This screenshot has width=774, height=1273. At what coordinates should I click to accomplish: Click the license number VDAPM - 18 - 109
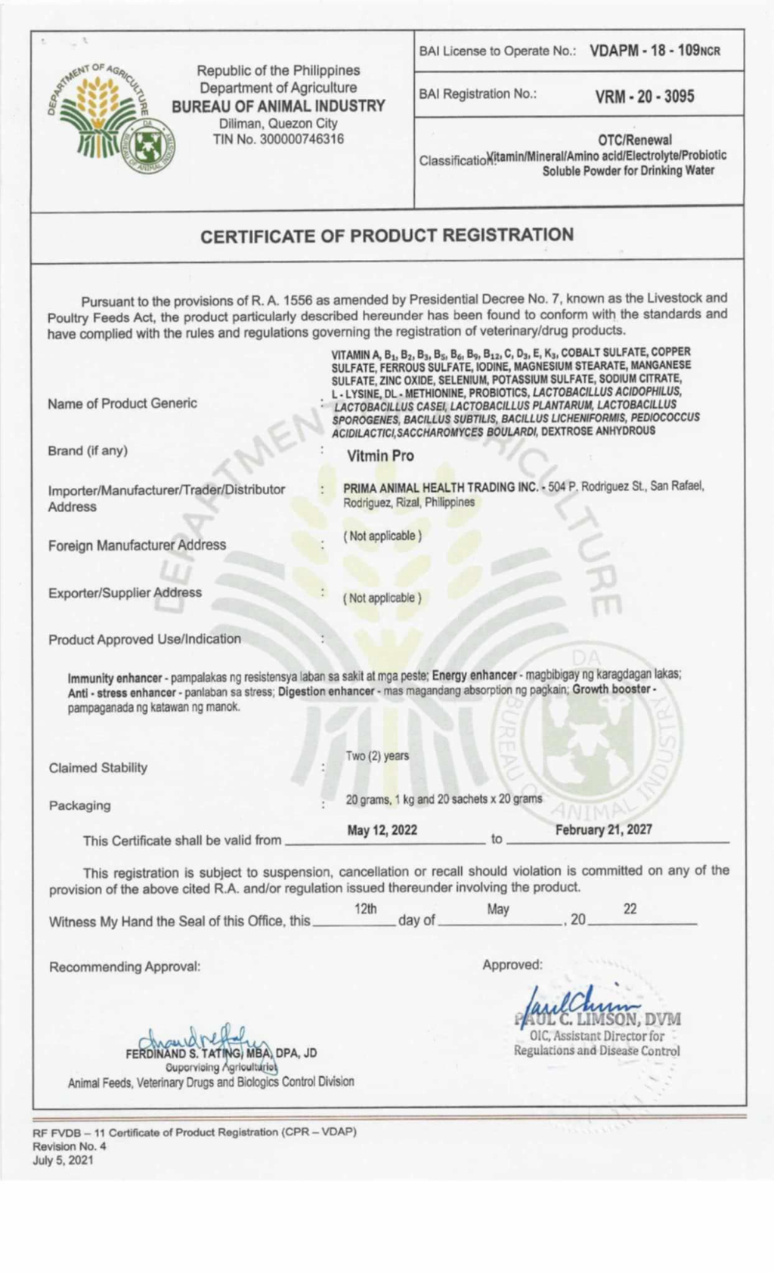pos(655,51)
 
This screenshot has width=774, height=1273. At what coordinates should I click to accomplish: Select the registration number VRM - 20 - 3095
pos(645,96)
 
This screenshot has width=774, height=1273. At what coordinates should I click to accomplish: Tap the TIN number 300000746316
pos(278,139)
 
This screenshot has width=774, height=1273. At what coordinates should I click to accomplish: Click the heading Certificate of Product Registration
pos(387,236)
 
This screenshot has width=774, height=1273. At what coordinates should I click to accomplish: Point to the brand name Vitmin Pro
pos(380,456)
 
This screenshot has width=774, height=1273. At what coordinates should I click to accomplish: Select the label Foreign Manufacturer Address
pos(137,545)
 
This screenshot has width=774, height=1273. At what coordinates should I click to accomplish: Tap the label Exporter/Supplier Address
pos(125,592)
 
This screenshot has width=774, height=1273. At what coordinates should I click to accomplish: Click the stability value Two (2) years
pos(377,755)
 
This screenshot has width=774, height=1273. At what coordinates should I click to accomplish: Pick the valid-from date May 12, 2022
pos(382,830)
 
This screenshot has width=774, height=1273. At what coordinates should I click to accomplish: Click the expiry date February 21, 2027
pos(603,830)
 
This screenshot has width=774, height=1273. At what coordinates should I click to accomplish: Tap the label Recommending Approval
pos(125,967)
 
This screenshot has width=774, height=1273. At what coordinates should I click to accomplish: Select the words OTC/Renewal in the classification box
pos(634,140)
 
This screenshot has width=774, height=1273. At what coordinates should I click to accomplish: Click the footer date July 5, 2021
pos(63,1160)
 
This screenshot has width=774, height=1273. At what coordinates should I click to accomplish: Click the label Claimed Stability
pos(98,768)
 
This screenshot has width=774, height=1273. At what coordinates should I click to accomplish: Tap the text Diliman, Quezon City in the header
pos(278,124)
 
